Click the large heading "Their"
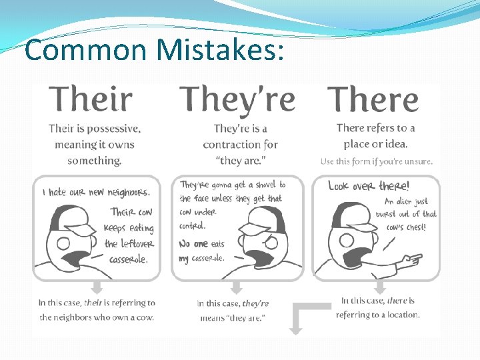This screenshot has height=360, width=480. tap(91, 100)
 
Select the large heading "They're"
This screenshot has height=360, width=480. tap(237, 100)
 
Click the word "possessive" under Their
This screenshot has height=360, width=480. tap(107, 129)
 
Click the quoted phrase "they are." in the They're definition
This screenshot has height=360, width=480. tap(241, 161)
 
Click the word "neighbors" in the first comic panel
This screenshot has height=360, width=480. tap(129, 193)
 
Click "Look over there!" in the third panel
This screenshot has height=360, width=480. tap(369, 187)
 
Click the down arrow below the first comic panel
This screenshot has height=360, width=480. tap(97, 287)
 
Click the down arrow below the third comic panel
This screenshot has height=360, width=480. tap(379, 287)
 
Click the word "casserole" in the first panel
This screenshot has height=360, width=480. tap(129, 259)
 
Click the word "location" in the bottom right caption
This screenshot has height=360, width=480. tap(399, 315)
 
